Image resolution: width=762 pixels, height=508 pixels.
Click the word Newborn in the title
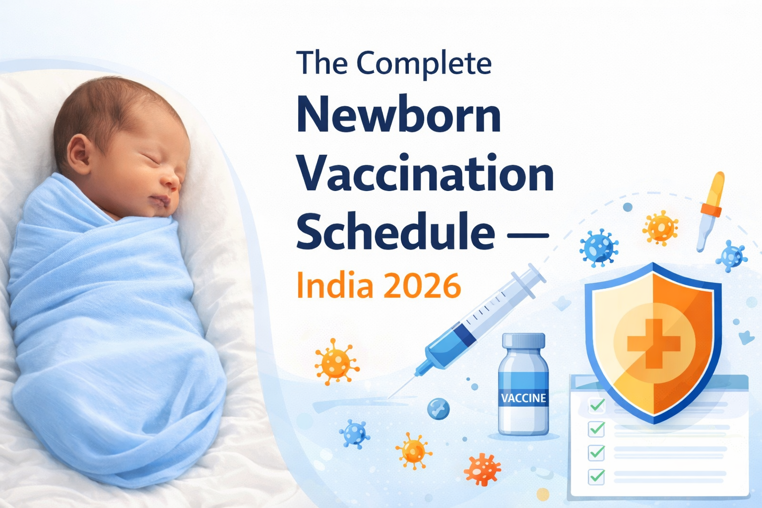click(x=398, y=116)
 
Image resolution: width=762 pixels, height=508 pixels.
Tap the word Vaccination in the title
click(x=426, y=174)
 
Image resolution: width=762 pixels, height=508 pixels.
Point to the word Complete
click(x=424, y=64)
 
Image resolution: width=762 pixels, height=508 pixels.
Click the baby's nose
click(x=171, y=182)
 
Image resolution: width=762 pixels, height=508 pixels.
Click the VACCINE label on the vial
click(x=523, y=398)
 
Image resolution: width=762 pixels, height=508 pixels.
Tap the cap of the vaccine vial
click(x=523, y=341)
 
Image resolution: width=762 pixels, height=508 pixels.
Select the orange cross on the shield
click(x=653, y=343)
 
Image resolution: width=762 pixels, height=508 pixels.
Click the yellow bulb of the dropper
click(x=717, y=189)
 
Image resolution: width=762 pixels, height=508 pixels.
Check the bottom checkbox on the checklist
click(x=596, y=476)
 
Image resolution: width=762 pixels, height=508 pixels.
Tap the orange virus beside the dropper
click(x=660, y=228)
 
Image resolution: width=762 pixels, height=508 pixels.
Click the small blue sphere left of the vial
click(x=439, y=409)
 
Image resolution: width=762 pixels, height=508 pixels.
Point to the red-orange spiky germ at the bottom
click(x=482, y=469)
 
